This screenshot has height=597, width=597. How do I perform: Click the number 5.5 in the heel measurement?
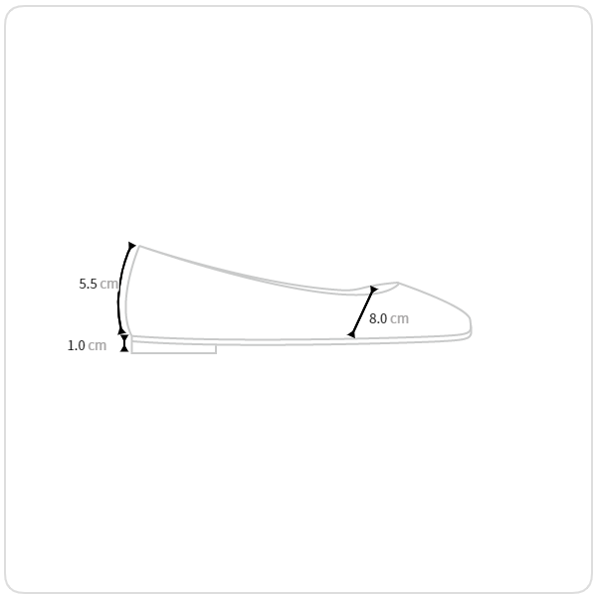coord(88,284)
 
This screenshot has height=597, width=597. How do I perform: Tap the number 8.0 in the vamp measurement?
coord(378,318)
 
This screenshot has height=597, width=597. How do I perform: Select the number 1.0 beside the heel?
coord(77,345)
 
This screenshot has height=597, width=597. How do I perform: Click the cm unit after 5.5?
coord(108,284)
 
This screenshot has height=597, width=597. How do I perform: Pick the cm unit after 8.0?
coord(399,318)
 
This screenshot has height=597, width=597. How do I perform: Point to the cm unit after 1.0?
coord(98,346)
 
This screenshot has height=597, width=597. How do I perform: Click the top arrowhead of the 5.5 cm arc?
coord(131,245)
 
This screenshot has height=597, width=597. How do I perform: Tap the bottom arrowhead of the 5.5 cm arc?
coord(121,330)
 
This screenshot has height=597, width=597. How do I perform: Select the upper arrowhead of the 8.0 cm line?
coord(373,290)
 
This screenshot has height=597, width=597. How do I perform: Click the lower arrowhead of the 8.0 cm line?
coord(351,334)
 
